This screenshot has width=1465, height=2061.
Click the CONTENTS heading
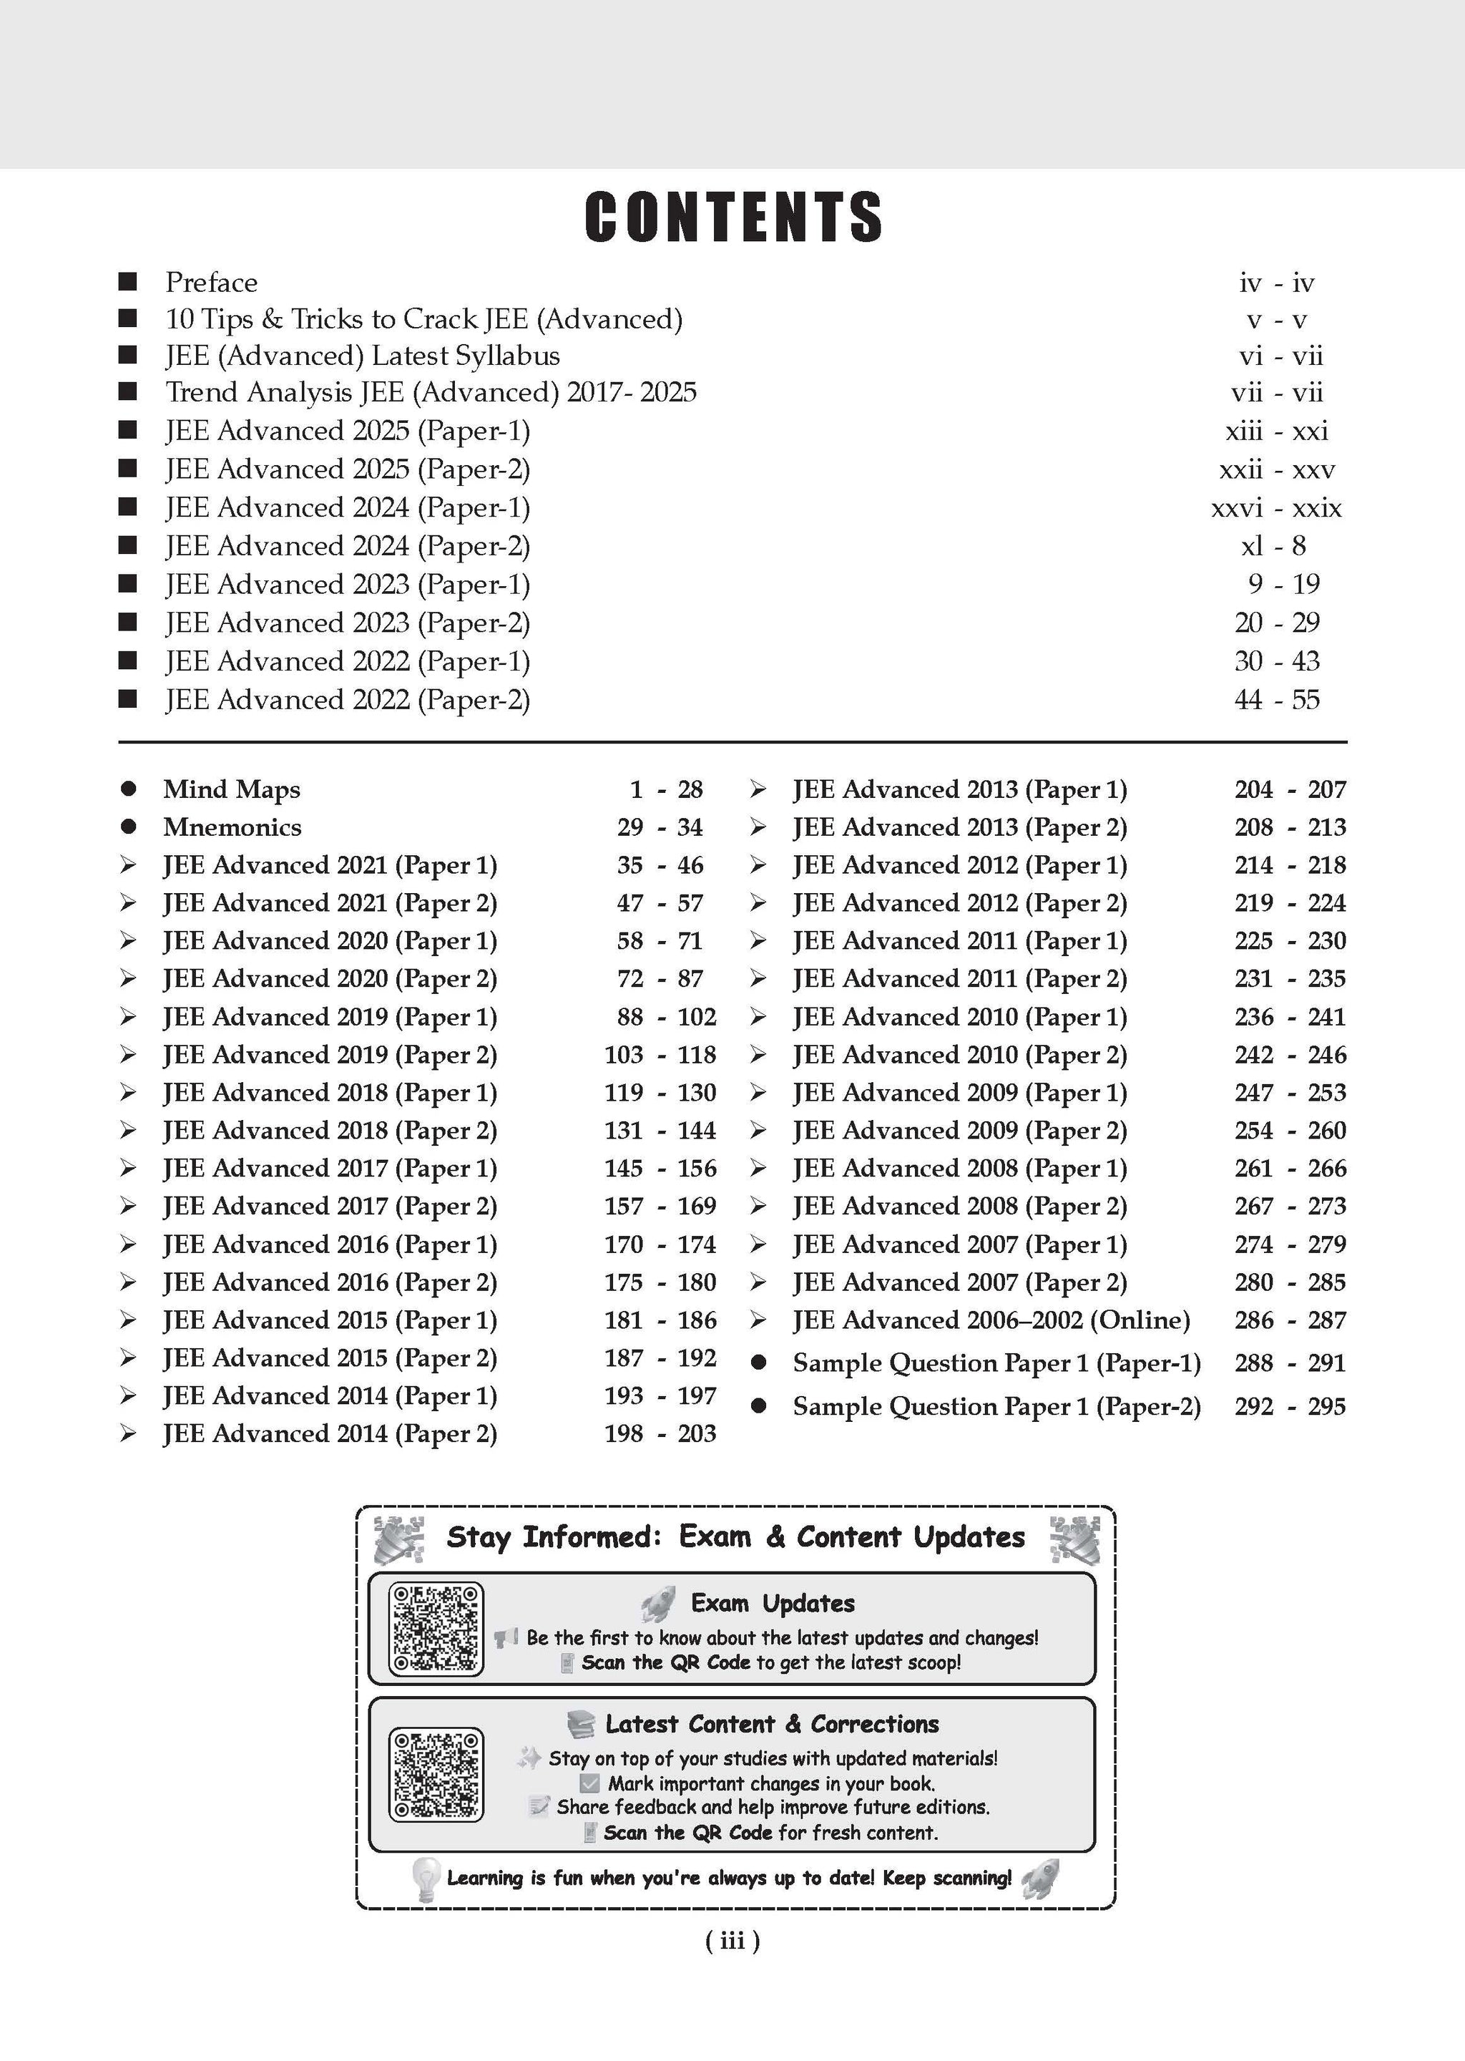point(732,218)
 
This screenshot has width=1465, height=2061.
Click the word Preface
point(211,283)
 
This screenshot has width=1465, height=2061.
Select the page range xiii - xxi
point(1276,432)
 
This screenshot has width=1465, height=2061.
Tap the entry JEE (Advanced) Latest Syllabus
point(362,356)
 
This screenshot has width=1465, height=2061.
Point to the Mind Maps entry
point(231,789)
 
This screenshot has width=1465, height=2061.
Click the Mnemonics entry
point(232,827)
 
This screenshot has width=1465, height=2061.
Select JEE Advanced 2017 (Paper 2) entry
point(329,1207)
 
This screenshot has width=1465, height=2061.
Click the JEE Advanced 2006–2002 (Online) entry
point(991,1320)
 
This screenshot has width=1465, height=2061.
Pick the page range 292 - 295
point(1290,1406)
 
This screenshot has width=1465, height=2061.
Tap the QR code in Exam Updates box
point(436,1629)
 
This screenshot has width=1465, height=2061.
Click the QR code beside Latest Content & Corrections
point(436,1774)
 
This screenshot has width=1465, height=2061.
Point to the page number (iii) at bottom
point(732,1940)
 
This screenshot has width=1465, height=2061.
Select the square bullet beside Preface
point(128,283)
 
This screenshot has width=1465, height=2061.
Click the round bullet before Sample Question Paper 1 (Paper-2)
point(759,1406)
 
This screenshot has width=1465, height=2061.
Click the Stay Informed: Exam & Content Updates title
point(735,1536)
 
